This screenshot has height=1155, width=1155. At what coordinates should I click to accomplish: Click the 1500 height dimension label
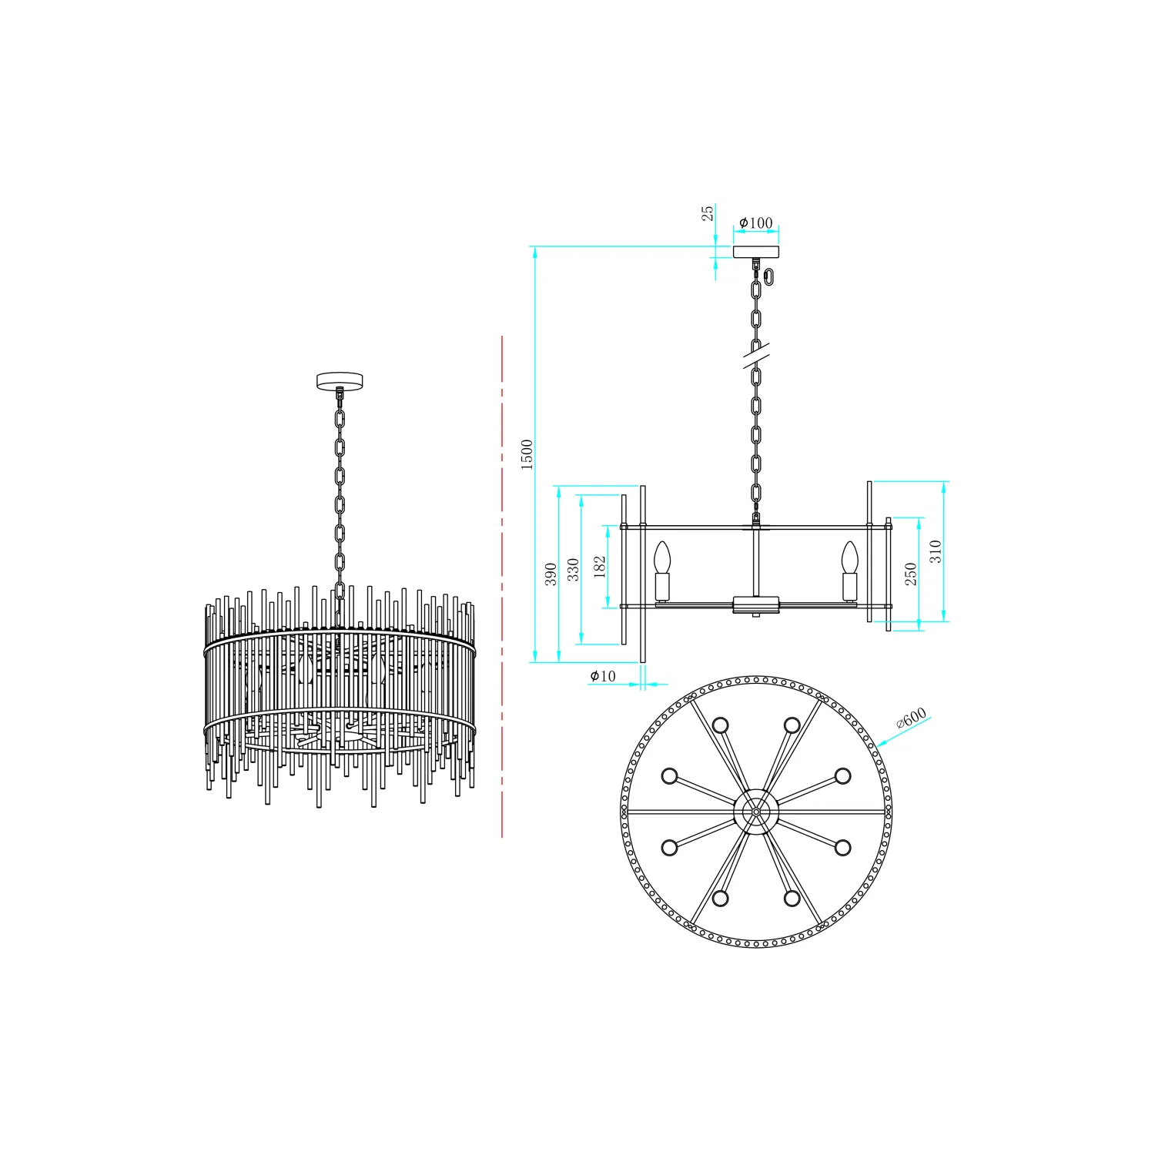point(527,454)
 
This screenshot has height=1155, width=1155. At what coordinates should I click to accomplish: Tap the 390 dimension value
point(551,574)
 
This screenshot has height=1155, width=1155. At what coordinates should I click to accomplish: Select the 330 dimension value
point(573,570)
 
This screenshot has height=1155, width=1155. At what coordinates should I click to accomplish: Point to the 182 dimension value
point(600,567)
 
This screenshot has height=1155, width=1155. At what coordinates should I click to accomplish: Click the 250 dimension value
point(911,574)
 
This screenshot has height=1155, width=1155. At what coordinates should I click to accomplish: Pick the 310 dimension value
point(935,551)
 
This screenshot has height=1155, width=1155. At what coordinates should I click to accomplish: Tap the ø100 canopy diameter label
point(755,223)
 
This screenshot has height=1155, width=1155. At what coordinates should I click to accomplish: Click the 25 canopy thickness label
point(707,213)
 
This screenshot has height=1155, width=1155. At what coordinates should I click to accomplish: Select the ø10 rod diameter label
point(603,676)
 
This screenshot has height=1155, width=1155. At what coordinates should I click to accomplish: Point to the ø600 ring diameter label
point(912,719)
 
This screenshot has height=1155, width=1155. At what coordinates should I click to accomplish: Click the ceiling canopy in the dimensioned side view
point(755,252)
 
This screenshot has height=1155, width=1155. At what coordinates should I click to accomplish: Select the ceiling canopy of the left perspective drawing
point(340,380)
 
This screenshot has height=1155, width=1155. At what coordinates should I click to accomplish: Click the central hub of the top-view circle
point(755,812)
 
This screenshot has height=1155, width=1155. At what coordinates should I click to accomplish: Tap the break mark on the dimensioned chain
point(756,356)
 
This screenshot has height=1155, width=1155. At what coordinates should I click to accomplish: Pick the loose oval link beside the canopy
point(772,275)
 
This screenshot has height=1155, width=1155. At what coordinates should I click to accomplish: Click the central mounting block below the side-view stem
point(755,604)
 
